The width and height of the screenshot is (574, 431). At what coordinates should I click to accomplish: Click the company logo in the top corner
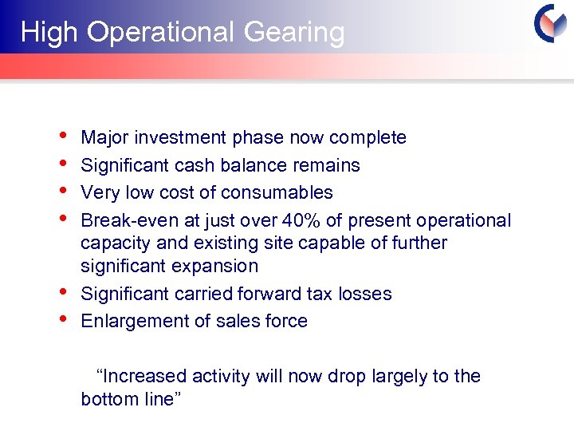[x=550, y=24]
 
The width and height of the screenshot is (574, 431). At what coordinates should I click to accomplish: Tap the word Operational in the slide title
[x=159, y=33]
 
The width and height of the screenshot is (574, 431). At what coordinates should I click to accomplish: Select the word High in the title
[x=49, y=33]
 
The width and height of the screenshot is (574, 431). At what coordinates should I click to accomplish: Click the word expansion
[x=222, y=266]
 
